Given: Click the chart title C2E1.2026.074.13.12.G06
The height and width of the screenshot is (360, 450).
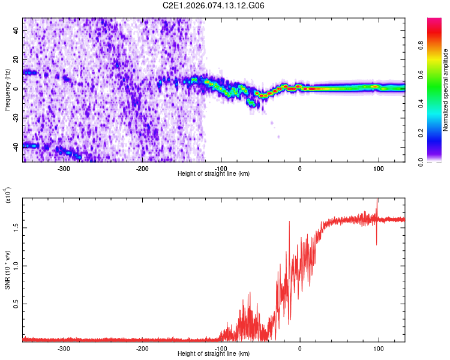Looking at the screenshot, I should point(214,5).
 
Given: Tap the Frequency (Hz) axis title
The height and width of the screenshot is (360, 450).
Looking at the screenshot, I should point(7,90).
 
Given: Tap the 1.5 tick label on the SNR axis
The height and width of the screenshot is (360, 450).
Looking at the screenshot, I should point(16,227).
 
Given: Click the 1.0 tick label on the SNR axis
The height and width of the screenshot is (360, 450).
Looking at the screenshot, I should point(16,266).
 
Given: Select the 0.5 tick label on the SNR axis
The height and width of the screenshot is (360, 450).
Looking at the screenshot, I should point(16,305).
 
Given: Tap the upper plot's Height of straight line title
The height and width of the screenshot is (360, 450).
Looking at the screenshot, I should point(214,174).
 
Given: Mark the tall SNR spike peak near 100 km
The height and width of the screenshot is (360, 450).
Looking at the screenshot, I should point(377,199).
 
